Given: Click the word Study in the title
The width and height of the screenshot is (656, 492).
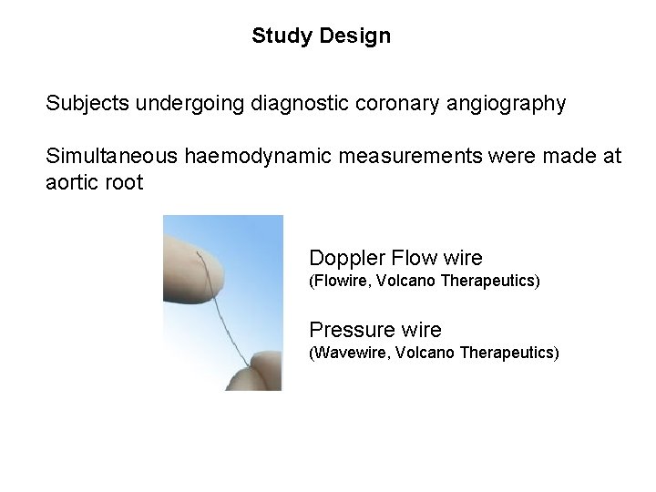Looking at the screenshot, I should [278, 36].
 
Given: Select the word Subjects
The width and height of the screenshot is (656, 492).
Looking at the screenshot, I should [87, 104].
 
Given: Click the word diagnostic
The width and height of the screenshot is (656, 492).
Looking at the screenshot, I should [294, 104].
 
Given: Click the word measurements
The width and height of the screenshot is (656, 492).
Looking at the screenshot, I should [398, 157].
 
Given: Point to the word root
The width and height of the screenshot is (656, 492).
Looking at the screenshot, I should [124, 182].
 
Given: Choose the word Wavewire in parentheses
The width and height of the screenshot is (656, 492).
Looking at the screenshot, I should [350, 353].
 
